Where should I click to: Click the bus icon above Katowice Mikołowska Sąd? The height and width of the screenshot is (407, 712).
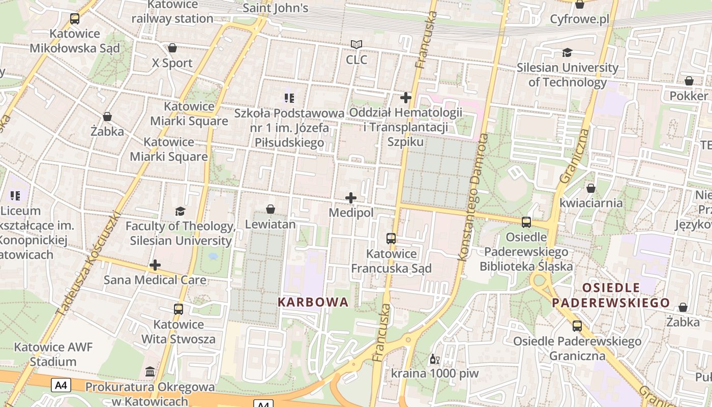[x=75, y=19]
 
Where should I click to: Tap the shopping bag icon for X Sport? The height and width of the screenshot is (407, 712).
[x=172, y=48]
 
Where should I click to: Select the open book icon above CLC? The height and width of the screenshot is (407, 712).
[x=357, y=45]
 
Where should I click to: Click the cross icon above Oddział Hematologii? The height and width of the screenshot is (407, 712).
[x=406, y=97]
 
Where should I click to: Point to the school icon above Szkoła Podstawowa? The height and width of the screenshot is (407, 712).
[x=289, y=98]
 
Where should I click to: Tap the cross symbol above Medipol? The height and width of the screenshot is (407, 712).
[x=351, y=198]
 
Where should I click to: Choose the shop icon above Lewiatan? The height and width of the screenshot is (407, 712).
[x=271, y=209]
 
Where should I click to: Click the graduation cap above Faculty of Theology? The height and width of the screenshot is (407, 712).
[x=180, y=211]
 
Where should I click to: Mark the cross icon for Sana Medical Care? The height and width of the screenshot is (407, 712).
[x=155, y=265]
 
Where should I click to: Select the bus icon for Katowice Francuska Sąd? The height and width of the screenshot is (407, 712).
[x=391, y=238]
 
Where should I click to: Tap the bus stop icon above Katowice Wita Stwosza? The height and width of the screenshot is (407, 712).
[x=178, y=309]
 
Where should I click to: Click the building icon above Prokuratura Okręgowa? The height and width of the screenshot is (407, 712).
[x=150, y=372]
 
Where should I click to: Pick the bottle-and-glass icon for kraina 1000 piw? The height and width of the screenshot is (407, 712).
[x=435, y=359]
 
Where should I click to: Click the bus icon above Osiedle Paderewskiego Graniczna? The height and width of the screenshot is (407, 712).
[x=577, y=326]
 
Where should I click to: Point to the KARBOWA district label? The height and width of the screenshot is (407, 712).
[x=313, y=302]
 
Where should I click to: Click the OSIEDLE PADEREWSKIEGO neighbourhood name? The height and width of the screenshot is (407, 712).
[x=611, y=296]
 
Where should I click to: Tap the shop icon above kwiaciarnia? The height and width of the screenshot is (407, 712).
[x=590, y=188]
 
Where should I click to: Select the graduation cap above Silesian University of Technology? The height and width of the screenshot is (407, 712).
[x=567, y=52]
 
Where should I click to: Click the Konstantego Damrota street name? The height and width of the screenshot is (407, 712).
[x=472, y=197]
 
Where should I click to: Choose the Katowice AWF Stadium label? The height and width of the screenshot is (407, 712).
[x=53, y=355]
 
